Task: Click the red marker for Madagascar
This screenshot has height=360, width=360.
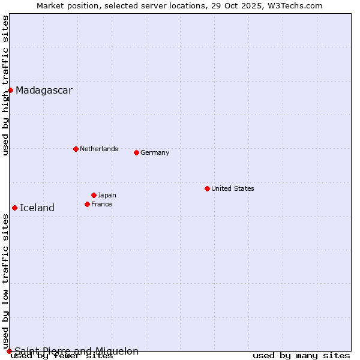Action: pyautogui.click(x=10, y=90)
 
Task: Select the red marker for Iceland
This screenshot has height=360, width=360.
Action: pyautogui.click(x=14, y=208)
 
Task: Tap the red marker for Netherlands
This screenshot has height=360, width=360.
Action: pyautogui.click(x=76, y=149)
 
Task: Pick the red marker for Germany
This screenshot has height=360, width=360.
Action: pyautogui.click(x=136, y=152)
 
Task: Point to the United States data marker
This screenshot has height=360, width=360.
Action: pyautogui.click(x=207, y=188)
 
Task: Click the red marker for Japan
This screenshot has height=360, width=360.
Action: pyautogui.click(x=94, y=195)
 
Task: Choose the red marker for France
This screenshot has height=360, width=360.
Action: pyautogui.click(x=87, y=204)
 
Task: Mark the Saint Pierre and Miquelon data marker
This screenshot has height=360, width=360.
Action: pyautogui.click(x=9, y=351)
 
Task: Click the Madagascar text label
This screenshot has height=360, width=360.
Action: pyautogui.click(x=44, y=91)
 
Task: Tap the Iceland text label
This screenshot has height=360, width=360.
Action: pyautogui.click(x=37, y=208)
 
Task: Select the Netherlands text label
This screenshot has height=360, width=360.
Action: pyautogui.click(x=99, y=149)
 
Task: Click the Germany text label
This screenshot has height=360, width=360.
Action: pyautogui.click(x=155, y=152)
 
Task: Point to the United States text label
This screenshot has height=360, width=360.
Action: pyautogui.click(x=233, y=188)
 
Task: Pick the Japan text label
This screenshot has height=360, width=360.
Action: pyautogui.click(x=107, y=195)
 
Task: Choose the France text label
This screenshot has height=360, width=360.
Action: pyautogui.click(x=101, y=204)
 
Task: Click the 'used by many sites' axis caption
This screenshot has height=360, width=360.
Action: pyautogui.click(x=301, y=356)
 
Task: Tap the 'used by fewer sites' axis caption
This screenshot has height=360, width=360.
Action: pyautogui.click(x=62, y=356)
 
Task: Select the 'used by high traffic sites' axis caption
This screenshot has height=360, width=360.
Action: pyautogui.click(x=5, y=85)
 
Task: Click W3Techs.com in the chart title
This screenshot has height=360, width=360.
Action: pyautogui.click(x=295, y=5)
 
